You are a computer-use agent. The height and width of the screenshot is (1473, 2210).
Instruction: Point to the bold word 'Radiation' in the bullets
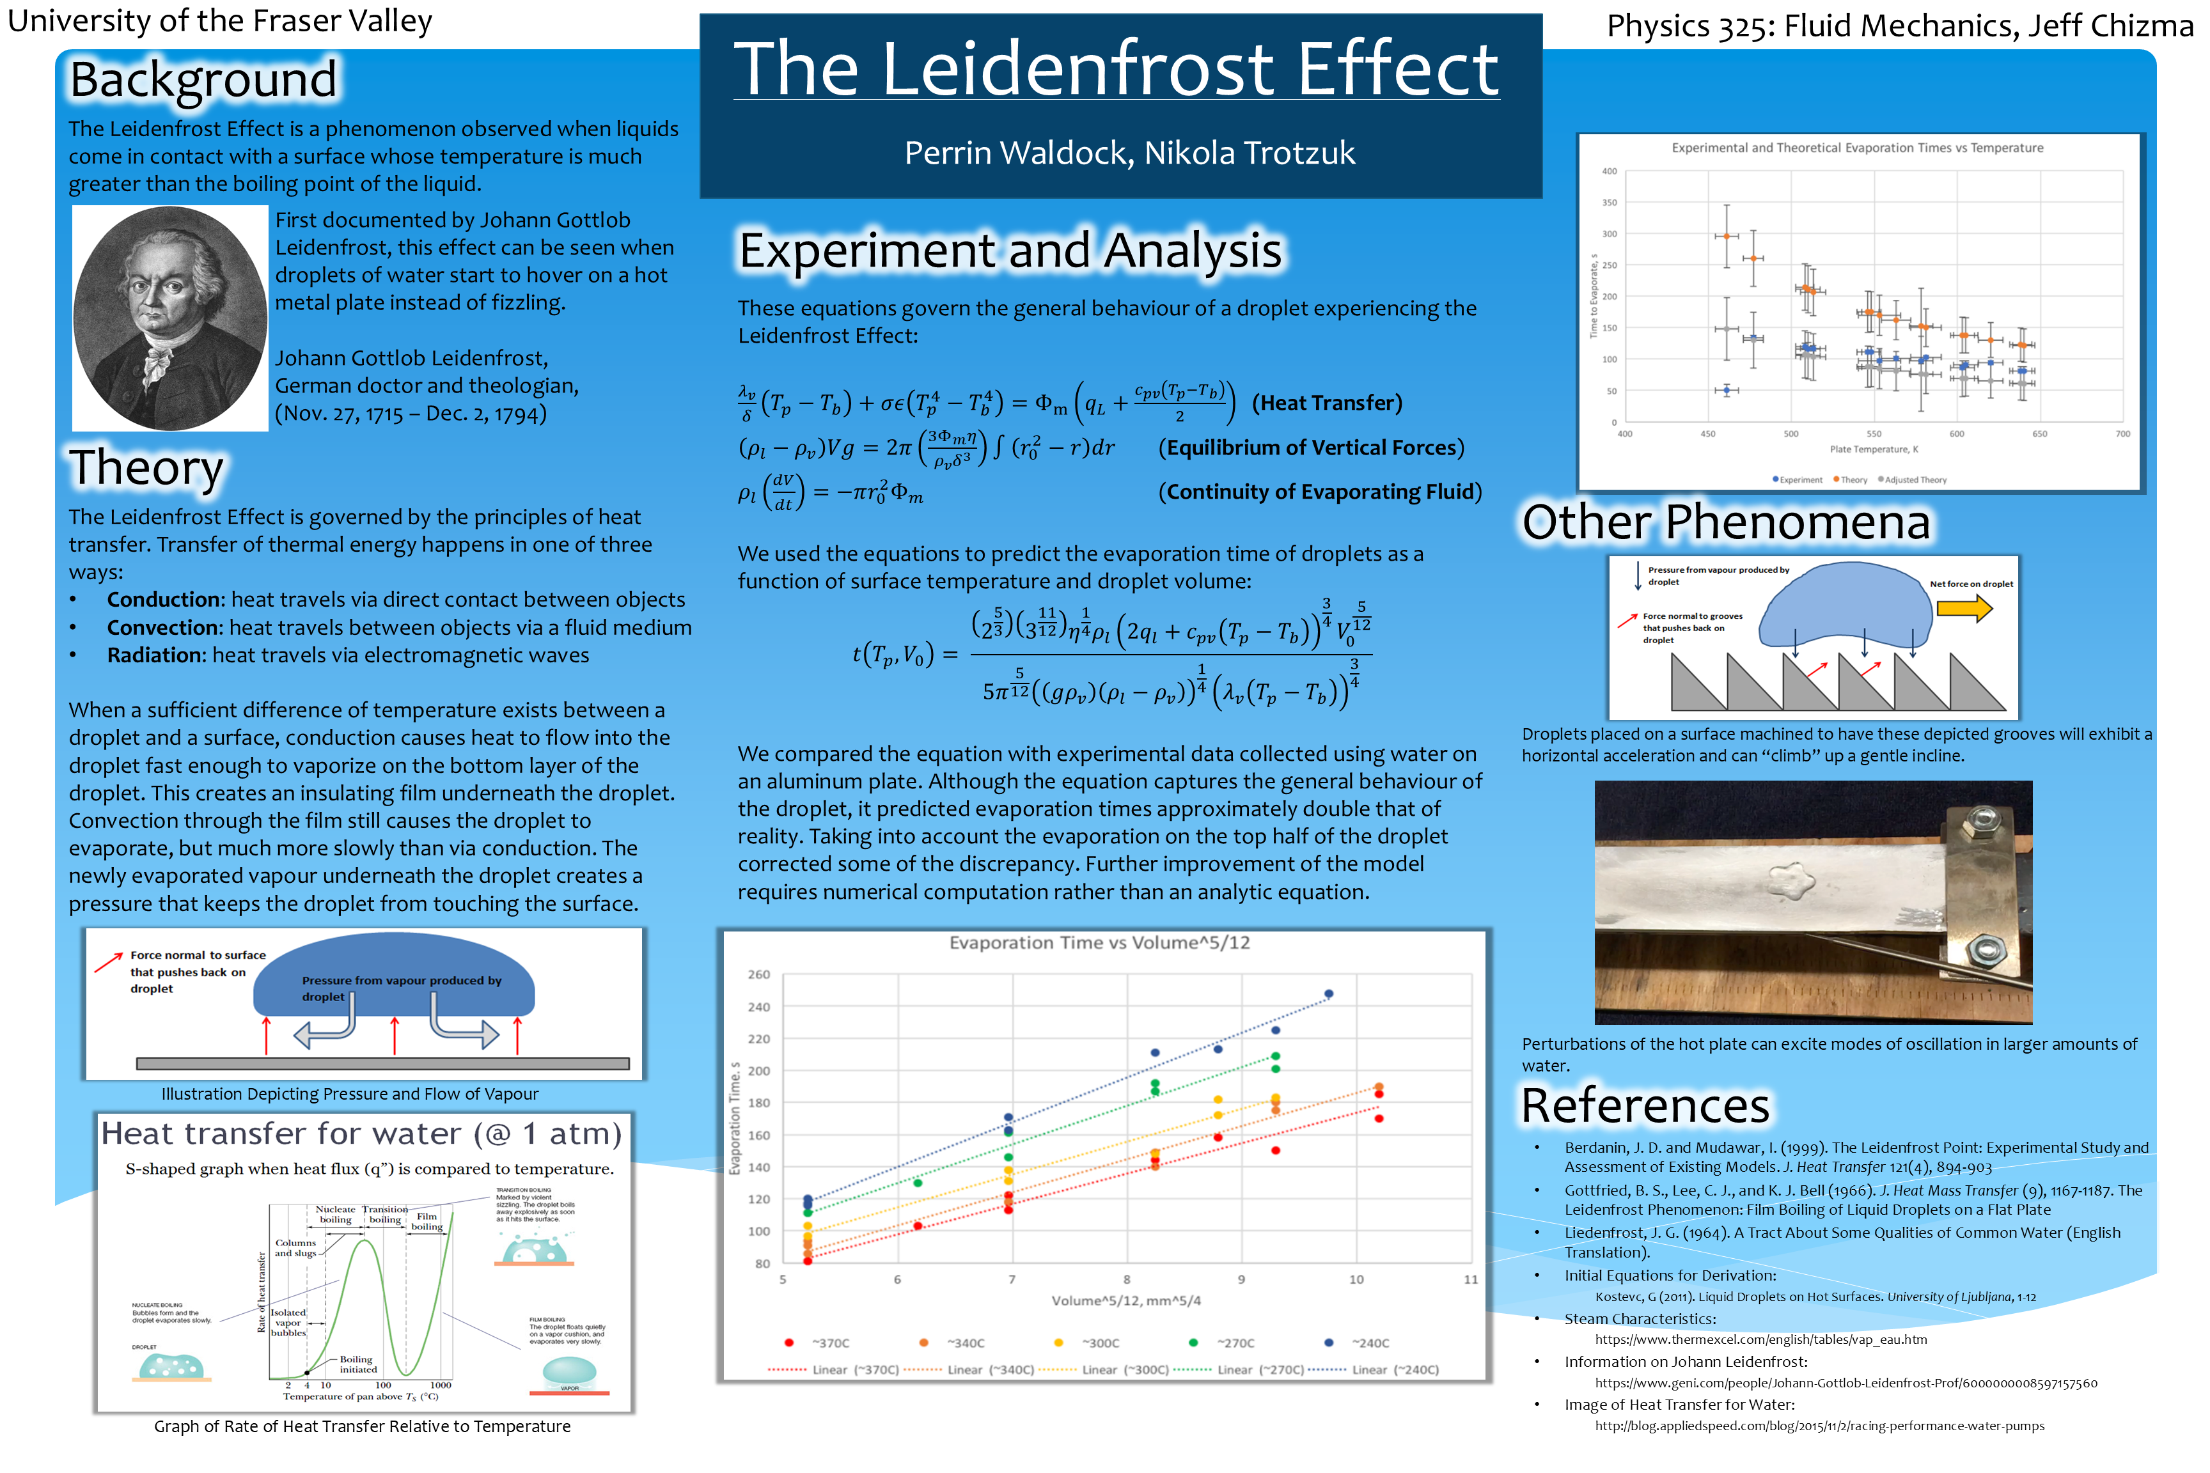tap(155, 656)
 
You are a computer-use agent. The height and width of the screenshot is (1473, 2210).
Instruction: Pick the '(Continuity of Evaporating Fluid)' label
tap(1319, 492)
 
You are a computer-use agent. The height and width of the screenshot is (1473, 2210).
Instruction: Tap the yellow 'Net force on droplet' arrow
tap(1964, 609)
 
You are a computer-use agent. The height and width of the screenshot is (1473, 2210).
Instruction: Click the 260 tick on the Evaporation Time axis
tap(758, 975)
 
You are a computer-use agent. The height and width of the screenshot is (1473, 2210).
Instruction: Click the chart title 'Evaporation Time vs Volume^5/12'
tap(1099, 943)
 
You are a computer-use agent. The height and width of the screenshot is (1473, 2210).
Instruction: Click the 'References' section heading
tap(1644, 1107)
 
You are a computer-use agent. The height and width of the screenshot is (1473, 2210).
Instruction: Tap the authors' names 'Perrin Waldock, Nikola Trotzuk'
tap(1129, 153)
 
